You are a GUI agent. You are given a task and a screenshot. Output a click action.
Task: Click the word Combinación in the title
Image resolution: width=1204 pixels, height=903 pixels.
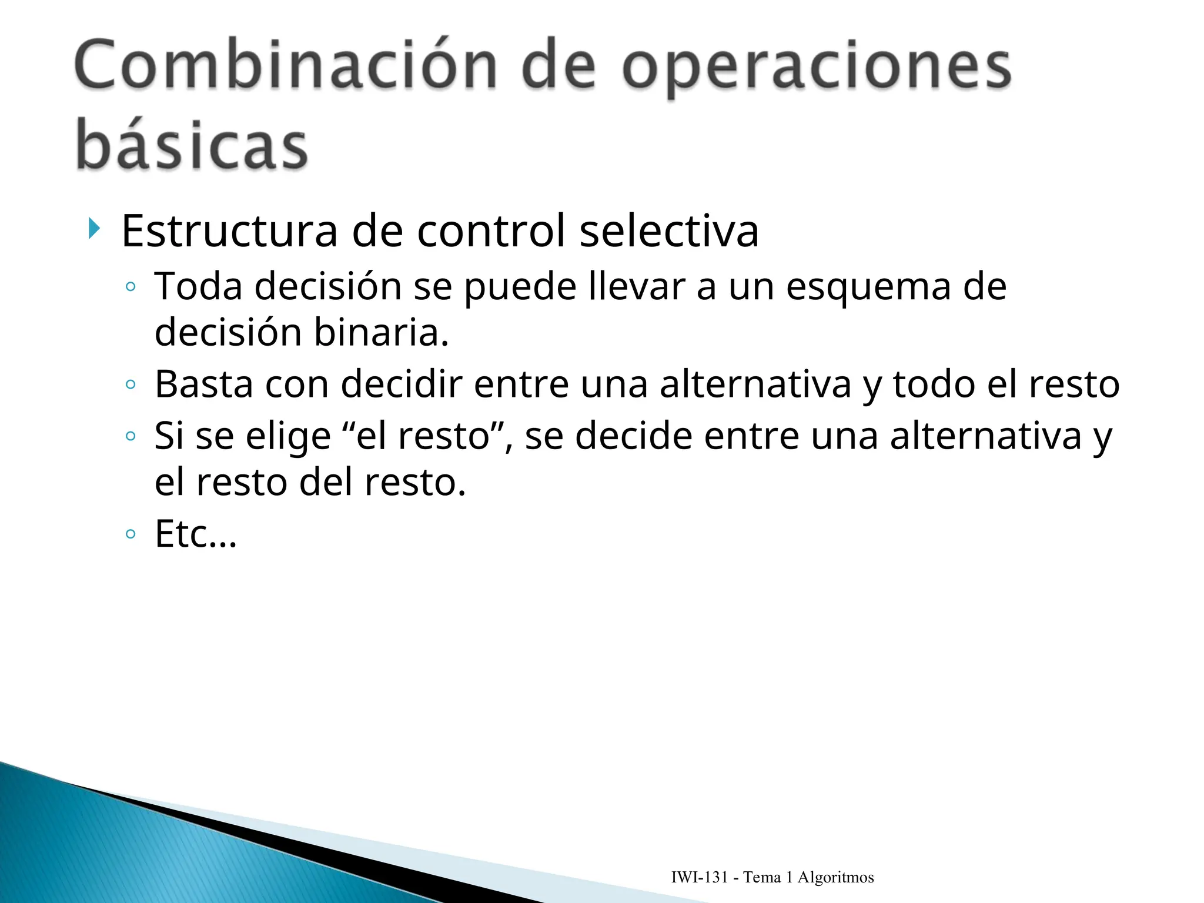[x=286, y=66]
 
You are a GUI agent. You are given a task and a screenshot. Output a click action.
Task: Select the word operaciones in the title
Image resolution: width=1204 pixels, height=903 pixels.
[x=816, y=68]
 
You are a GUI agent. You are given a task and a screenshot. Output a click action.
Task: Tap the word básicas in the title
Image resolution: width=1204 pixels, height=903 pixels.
[x=192, y=145]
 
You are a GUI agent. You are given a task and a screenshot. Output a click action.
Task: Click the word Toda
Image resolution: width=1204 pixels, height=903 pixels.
[x=198, y=286]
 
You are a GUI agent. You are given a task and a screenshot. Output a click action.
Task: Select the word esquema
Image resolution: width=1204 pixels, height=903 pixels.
[x=868, y=288]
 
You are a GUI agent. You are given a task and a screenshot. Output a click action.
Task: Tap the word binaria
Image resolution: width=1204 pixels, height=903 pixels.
[x=381, y=333]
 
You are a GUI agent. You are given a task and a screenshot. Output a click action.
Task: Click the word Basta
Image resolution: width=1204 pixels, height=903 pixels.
[x=203, y=384]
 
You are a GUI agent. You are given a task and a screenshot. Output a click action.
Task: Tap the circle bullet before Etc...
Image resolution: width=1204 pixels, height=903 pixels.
[x=131, y=534]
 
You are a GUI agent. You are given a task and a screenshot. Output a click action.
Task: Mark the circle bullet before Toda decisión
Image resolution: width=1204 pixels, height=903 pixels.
[x=131, y=287]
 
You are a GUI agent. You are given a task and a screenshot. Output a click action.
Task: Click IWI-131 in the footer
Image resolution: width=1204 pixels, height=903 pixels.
[x=700, y=878]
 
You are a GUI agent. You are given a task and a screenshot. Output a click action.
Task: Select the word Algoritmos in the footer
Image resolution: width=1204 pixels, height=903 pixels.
[x=835, y=878]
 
